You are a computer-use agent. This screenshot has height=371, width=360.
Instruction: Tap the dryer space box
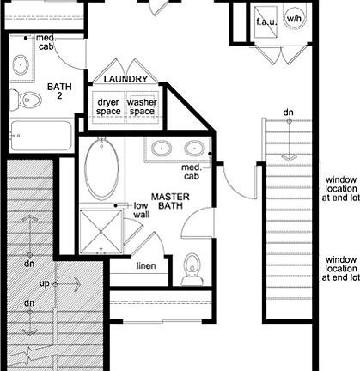(x=109, y=106)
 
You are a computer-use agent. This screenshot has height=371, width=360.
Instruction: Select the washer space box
(x=143, y=106)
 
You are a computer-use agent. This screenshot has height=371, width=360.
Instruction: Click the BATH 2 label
(x=59, y=91)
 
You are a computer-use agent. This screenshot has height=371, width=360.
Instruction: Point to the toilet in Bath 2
(x=29, y=99)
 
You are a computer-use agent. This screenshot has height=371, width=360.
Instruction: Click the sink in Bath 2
(x=21, y=63)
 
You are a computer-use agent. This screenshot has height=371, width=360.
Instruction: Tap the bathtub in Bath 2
(x=38, y=135)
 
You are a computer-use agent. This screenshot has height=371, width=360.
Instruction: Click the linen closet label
(x=146, y=266)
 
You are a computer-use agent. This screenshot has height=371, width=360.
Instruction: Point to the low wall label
(x=141, y=211)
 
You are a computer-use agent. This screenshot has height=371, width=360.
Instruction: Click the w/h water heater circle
(x=295, y=17)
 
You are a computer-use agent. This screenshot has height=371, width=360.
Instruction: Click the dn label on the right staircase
(x=289, y=113)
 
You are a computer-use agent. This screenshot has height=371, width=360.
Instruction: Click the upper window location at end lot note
(x=340, y=189)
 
